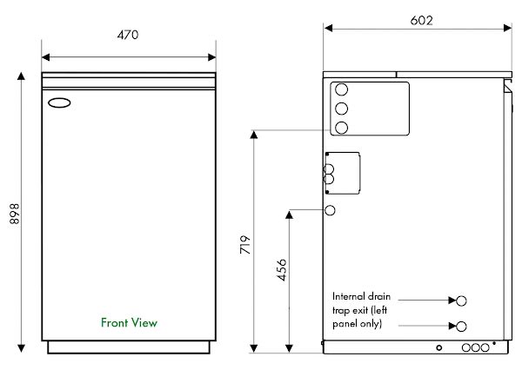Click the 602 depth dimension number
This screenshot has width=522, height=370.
(x=420, y=20)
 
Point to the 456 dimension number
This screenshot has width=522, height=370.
(x=281, y=272)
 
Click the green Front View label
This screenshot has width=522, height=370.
(x=129, y=323)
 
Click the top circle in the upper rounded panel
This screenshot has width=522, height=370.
(x=342, y=90)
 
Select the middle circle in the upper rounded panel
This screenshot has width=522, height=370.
(x=342, y=109)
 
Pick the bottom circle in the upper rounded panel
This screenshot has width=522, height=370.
(x=342, y=128)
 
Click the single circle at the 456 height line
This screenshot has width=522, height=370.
(x=331, y=210)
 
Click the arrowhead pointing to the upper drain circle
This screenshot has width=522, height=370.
(x=451, y=300)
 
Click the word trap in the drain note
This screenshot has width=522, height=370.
(x=341, y=309)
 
